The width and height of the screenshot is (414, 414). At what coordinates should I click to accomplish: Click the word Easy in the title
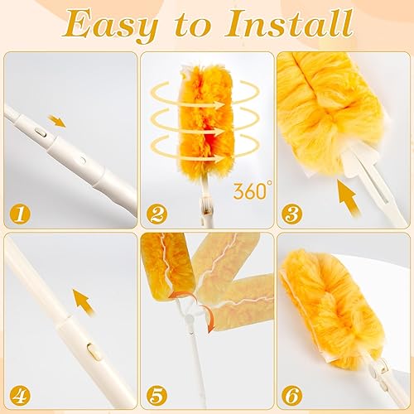tap(110, 25)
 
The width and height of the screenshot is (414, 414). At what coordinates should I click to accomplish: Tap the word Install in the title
tap(288, 22)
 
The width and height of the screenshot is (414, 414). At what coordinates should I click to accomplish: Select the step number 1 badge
tap(20, 214)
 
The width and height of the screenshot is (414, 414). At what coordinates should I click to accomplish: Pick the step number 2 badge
tap(156, 214)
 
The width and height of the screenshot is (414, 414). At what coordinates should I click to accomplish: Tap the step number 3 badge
tap(292, 214)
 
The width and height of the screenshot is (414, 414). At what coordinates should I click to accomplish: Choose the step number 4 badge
tap(20, 395)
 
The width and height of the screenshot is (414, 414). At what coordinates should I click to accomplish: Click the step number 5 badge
tap(156, 395)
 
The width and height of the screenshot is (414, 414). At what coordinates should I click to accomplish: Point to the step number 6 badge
tap(292, 395)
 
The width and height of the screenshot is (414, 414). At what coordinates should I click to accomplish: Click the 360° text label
tap(252, 190)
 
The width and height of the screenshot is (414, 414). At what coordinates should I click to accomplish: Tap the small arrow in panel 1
tap(56, 122)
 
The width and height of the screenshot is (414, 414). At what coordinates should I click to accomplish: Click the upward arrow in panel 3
tap(348, 197)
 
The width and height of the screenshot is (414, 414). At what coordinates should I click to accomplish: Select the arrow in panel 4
tap(84, 301)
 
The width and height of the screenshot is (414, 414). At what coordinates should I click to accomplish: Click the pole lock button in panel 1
tap(41, 133)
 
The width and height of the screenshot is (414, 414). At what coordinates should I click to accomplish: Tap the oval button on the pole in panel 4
tap(93, 351)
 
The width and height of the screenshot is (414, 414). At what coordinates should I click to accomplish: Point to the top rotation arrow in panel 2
tap(204, 94)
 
